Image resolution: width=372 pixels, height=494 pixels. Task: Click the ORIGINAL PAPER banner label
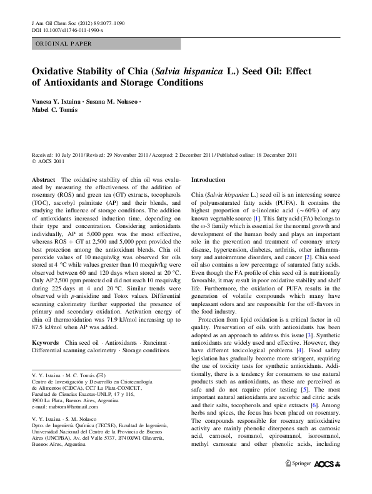tap(63, 43)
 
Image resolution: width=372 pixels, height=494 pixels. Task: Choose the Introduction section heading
tap(208, 179)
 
